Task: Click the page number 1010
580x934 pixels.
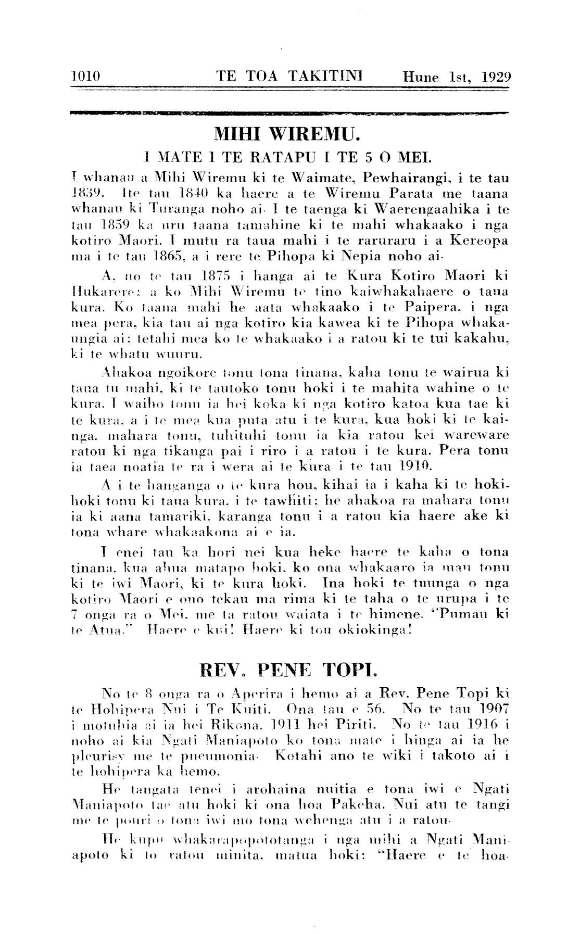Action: (x=85, y=77)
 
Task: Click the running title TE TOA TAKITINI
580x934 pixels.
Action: (x=289, y=77)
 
